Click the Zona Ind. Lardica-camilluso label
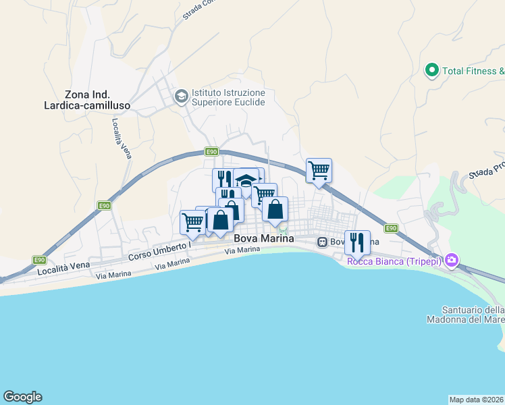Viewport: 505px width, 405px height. point(97,101)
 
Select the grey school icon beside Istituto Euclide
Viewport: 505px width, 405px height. point(181,97)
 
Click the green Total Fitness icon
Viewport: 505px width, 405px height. point(431,70)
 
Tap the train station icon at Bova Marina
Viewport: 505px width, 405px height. point(323,242)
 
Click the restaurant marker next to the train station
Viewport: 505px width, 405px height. point(357,242)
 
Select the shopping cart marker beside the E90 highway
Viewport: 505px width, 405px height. point(319,170)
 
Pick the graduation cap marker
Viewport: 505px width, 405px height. point(246,180)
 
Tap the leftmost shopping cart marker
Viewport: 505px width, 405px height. point(193,222)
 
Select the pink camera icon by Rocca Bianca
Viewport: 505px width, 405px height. point(451,260)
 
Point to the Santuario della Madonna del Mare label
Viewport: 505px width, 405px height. point(465,315)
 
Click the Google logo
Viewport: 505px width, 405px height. point(22,397)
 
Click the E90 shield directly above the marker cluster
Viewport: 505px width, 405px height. point(212,152)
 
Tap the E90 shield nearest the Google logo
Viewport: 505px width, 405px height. point(39,259)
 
